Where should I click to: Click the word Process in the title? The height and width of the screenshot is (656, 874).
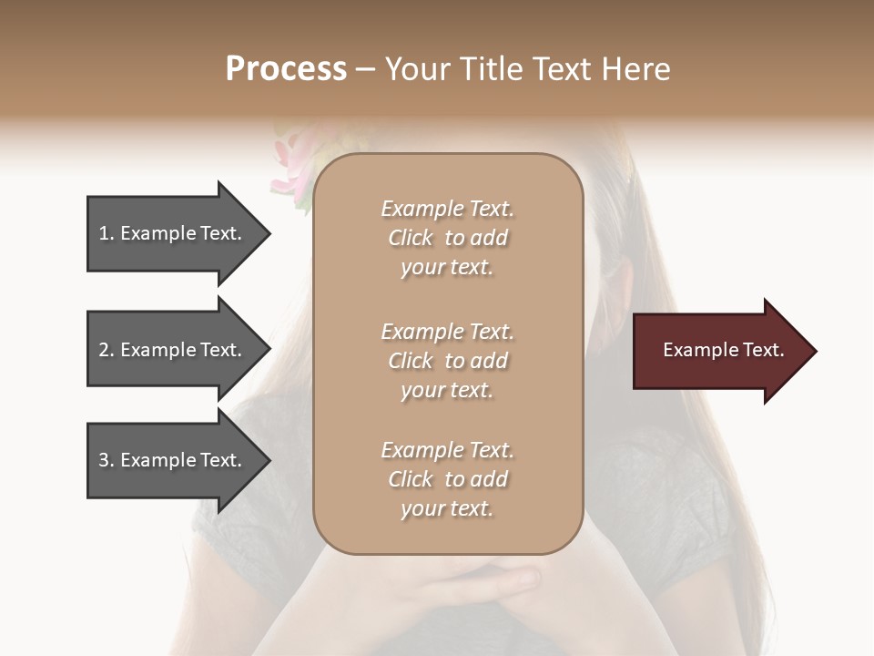[286, 69]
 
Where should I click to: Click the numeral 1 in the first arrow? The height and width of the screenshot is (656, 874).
[104, 233]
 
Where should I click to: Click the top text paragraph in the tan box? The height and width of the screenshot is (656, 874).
[447, 238]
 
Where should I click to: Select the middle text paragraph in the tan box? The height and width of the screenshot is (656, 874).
[447, 361]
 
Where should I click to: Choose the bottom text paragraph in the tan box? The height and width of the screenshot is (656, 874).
[447, 479]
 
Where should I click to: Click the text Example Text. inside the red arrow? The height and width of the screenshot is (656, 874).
[723, 350]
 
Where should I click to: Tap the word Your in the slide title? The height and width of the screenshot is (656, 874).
[416, 69]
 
